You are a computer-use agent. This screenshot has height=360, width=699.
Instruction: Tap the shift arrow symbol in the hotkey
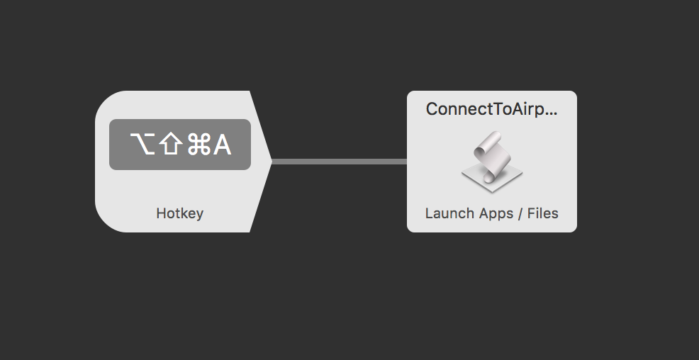tap(170, 145)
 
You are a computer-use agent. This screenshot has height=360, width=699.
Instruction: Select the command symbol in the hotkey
tap(198, 145)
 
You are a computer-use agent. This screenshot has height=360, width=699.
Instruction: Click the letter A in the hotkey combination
tap(222, 145)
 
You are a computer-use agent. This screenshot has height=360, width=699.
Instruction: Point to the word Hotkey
tap(179, 213)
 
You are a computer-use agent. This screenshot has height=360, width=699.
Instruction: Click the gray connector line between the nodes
tap(339, 162)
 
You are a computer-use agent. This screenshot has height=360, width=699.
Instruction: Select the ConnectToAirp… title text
tap(491, 109)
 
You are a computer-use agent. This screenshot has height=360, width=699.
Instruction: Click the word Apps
tap(494, 213)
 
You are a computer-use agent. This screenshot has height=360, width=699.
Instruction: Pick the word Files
tap(542, 213)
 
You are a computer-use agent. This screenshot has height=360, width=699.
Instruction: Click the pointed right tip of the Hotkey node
tap(270, 162)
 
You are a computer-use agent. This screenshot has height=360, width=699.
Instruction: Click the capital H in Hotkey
tap(160, 213)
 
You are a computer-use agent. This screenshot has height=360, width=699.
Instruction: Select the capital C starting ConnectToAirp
tap(431, 109)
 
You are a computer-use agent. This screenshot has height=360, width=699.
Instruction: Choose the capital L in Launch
tap(429, 213)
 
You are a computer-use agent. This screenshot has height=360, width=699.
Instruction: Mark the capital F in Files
tap(530, 213)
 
